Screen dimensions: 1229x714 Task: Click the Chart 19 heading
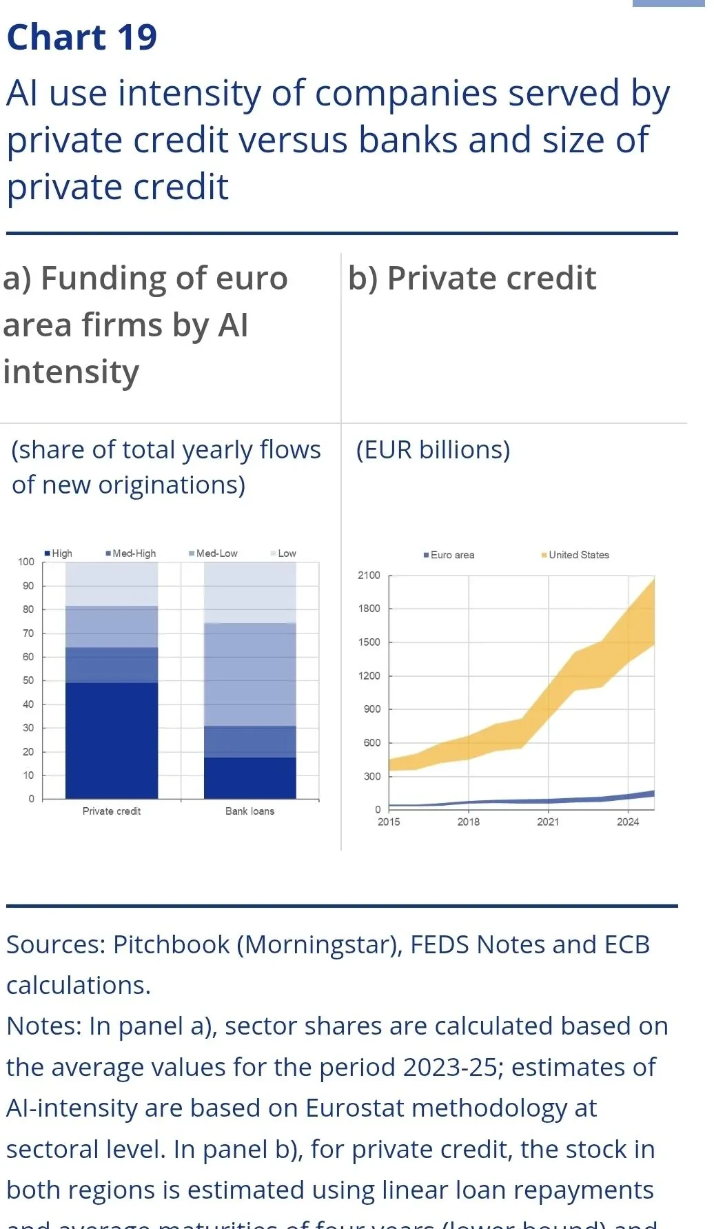coord(82,37)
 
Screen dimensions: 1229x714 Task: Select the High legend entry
coord(59,553)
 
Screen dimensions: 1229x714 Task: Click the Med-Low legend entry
coord(214,553)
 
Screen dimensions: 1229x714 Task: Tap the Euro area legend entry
coord(449,555)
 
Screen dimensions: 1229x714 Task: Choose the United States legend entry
coord(576,555)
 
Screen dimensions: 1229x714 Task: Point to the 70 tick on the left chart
coord(28,633)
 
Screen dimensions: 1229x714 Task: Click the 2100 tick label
coord(369,575)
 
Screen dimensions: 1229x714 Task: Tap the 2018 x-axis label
coord(469,822)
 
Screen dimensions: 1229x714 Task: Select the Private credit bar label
coord(112,811)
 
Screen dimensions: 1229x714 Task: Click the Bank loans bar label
coord(249,811)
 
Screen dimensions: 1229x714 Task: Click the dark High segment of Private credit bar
coord(112,740)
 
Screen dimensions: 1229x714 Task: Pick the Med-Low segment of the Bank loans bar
coord(249,674)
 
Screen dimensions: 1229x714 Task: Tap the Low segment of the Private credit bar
coord(112,583)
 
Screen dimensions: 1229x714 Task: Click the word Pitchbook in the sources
coord(171,945)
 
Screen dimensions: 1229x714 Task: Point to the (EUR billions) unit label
coord(433,449)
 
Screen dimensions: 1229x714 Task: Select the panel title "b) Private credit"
coord(472,278)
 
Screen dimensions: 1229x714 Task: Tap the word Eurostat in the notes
coord(354,1108)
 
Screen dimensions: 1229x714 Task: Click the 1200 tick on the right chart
coord(369,676)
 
